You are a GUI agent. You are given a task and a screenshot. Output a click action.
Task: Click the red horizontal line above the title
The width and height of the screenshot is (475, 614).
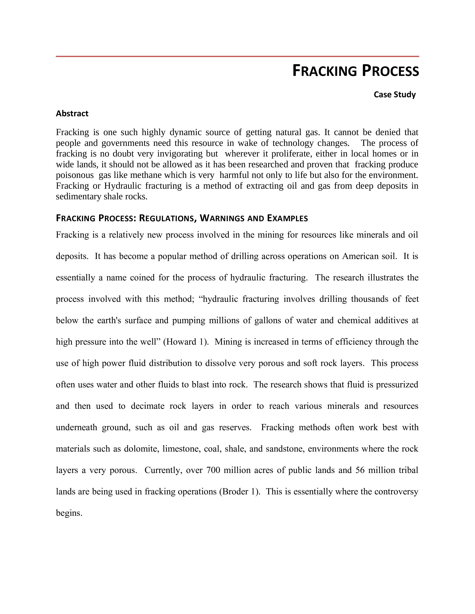point(237,57)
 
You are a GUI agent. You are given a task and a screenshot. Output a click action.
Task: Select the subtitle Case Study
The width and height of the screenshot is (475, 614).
point(395,95)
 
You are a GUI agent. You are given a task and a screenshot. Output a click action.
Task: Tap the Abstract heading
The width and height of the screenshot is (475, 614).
point(72,113)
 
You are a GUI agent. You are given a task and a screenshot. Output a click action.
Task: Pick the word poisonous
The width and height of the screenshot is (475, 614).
point(75,175)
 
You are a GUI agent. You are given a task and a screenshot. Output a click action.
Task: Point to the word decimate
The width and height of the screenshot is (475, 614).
point(148,406)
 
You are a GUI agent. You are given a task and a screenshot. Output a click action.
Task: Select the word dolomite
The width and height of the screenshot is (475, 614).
point(140,449)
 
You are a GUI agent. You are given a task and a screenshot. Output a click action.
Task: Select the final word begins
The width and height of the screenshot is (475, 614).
point(69,513)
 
